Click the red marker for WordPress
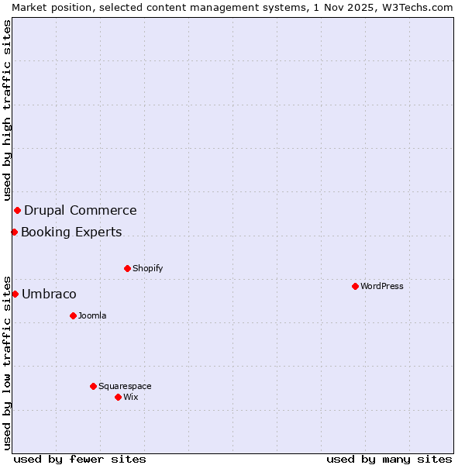(x=355, y=286)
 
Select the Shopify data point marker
(x=127, y=268)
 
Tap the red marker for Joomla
(x=73, y=315)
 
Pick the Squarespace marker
(x=93, y=386)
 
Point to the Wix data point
(x=118, y=397)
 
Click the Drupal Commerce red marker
(x=17, y=210)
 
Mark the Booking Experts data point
(x=14, y=232)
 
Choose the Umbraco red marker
(x=15, y=294)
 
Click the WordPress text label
(x=382, y=286)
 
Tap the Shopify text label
(x=147, y=268)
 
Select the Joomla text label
(x=92, y=315)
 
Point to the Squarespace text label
(x=125, y=386)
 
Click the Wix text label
(x=131, y=397)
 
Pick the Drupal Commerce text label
(x=81, y=210)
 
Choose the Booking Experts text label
(x=71, y=232)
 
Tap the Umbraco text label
(x=49, y=294)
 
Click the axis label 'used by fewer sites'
(x=80, y=459)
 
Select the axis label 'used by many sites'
(x=389, y=459)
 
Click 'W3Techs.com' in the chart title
(x=415, y=7)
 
